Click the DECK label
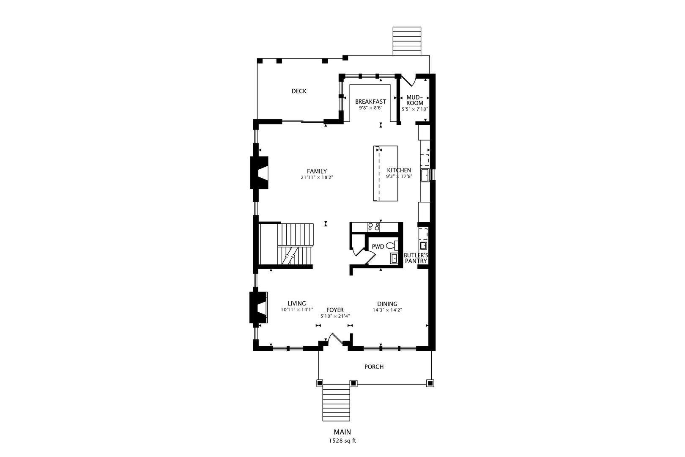(x=299, y=91)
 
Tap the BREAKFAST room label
(x=370, y=101)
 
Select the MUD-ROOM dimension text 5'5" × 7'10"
(x=415, y=109)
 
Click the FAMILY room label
(x=317, y=171)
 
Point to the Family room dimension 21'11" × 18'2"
(x=317, y=177)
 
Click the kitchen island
(x=385, y=173)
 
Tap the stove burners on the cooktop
(x=374, y=227)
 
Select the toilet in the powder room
(x=392, y=245)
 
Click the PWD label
(x=378, y=247)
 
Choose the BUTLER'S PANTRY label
(x=416, y=258)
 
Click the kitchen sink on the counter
(x=425, y=175)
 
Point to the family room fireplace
(x=259, y=173)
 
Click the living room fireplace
(x=259, y=308)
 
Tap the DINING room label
(x=387, y=304)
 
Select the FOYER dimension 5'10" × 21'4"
(x=335, y=316)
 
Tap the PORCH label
(x=374, y=367)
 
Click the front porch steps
(x=336, y=403)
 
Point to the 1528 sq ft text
(x=342, y=441)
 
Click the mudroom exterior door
(x=408, y=80)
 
